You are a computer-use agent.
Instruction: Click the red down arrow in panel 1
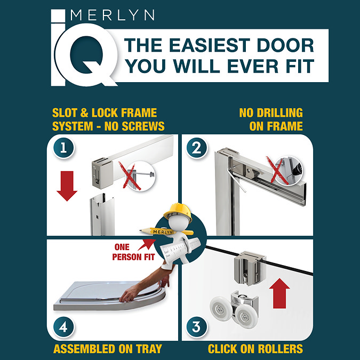[x=67, y=187]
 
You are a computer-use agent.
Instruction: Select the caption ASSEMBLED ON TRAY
[x=107, y=349]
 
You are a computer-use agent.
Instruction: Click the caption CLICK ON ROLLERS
[x=255, y=349]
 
